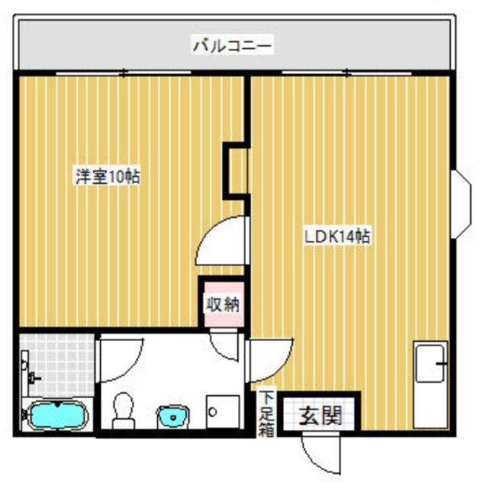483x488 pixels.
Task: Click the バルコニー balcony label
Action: [x=232, y=46]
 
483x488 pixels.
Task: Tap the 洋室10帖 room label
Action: [x=107, y=177]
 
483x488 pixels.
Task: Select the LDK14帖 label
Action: [x=337, y=237]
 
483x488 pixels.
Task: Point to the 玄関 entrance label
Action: [x=318, y=416]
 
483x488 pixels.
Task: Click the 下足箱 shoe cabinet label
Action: [x=266, y=413]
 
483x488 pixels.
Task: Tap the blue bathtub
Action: [x=57, y=416]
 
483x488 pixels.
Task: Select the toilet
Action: [x=123, y=409]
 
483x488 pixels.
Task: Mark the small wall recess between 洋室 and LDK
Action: [x=237, y=169]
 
